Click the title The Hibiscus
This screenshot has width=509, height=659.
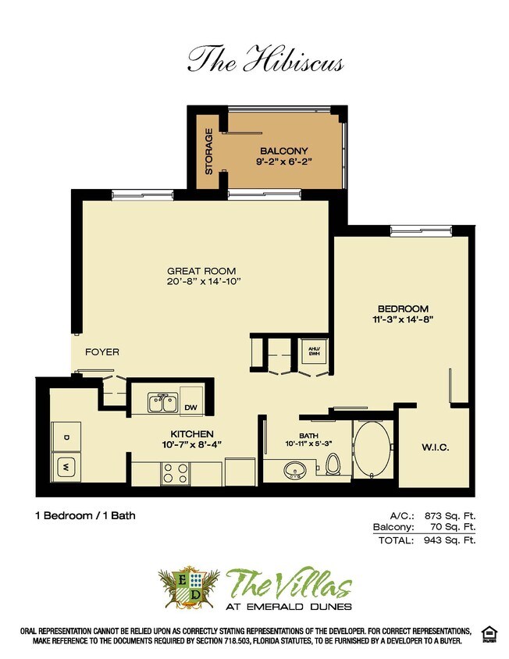click(265, 59)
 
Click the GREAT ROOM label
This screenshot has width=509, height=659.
click(201, 271)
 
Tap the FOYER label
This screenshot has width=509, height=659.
click(102, 352)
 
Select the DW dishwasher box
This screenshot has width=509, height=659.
click(191, 406)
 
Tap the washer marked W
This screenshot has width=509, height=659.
click(66, 468)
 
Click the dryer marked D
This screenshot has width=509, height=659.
click(66, 438)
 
